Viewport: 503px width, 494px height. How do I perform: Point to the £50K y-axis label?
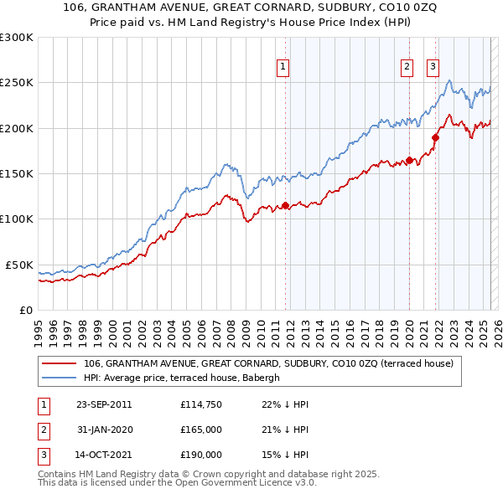click(x=19, y=265)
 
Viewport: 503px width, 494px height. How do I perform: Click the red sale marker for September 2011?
click(x=285, y=205)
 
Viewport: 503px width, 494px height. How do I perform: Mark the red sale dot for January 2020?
click(x=409, y=160)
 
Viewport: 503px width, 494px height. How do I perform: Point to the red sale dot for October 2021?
click(x=435, y=137)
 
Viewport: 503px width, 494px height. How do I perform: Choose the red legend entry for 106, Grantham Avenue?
click(x=268, y=363)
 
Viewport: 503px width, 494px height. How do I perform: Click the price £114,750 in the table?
click(x=200, y=404)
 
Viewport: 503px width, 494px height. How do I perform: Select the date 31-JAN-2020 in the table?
click(x=104, y=430)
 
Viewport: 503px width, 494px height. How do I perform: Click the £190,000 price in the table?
click(x=200, y=455)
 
